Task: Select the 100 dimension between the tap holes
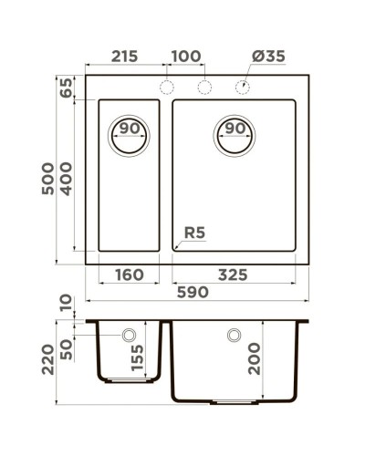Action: [185, 57]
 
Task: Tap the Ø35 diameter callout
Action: [267, 57]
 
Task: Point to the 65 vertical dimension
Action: [66, 88]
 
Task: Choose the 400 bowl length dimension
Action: [66, 176]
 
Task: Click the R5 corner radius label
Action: [194, 234]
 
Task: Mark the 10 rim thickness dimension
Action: [66, 303]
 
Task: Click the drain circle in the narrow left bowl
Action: [129, 135]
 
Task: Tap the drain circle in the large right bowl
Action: [235, 135]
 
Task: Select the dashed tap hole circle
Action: [243, 88]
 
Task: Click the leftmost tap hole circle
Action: [166, 88]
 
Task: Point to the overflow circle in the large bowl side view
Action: [235, 336]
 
